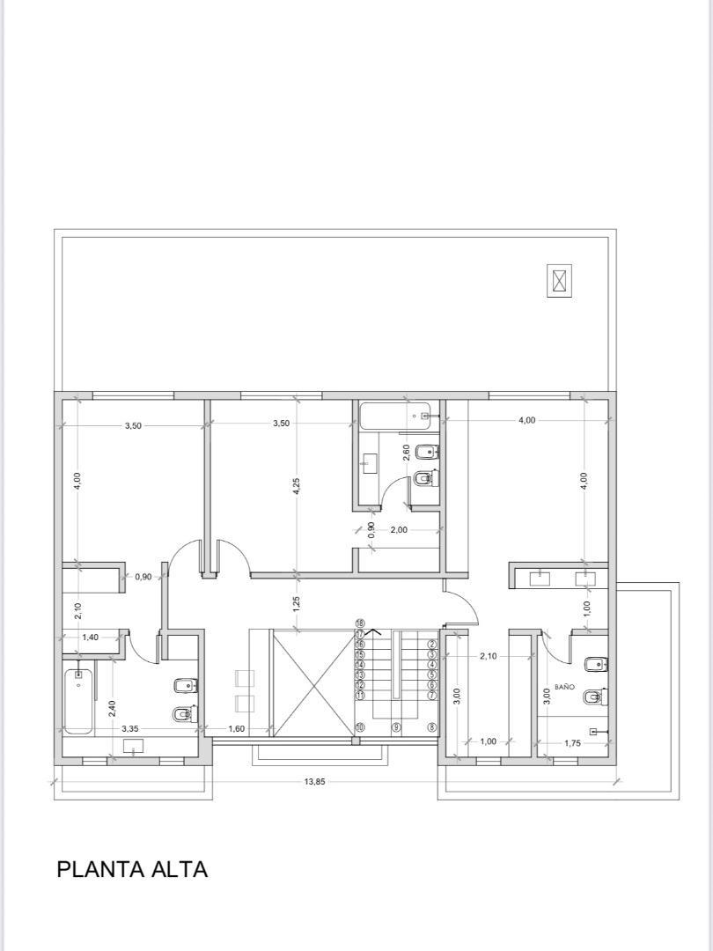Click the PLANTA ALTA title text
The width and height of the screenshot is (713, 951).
[x=132, y=869]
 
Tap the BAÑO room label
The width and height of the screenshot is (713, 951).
[x=564, y=686]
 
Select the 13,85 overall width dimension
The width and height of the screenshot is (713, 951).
[x=314, y=781]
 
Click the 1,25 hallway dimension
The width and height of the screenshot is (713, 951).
[x=297, y=603]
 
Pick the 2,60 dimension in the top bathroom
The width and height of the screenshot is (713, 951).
[x=406, y=453]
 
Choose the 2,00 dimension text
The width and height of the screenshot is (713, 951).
[x=399, y=530]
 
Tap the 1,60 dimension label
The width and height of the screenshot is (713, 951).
[x=236, y=729]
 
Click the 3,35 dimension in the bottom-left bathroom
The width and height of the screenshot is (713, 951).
[x=129, y=729]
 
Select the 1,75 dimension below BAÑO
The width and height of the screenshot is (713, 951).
[x=572, y=743]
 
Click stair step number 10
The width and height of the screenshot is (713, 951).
[x=360, y=727]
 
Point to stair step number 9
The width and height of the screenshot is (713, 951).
[x=397, y=727]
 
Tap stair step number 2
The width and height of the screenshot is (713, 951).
[x=432, y=645]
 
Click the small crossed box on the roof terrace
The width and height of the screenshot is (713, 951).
[x=559, y=281]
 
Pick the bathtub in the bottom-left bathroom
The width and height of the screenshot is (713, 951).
[x=77, y=700]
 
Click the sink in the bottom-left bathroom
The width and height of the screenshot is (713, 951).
[x=134, y=747]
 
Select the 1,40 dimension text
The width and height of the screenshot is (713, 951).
[x=90, y=637]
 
